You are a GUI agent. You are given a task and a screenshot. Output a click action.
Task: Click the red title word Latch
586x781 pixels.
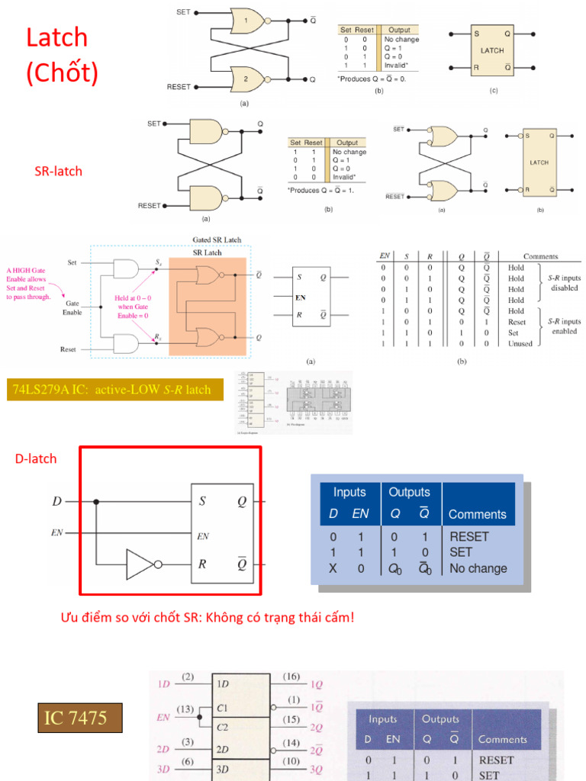click(57, 37)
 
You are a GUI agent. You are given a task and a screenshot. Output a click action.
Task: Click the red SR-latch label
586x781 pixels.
click(58, 171)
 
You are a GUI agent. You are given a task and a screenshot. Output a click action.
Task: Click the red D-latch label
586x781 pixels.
click(36, 458)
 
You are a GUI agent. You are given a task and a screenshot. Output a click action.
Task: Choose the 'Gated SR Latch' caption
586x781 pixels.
click(217, 239)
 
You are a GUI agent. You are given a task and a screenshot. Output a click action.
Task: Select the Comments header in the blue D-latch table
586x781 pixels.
click(477, 515)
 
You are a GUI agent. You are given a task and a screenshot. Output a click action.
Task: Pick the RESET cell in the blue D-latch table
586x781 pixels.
click(468, 537)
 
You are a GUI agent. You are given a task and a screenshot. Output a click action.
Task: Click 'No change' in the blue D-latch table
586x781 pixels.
click(478, 568)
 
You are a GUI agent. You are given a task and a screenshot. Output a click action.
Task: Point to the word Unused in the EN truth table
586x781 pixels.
click(521, 343)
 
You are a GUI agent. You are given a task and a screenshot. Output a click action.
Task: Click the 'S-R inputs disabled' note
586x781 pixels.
click(564, 283)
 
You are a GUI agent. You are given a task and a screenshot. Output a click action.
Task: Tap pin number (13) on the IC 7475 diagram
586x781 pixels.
click(185, 709)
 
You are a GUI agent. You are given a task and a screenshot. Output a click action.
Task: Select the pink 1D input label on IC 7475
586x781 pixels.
click(163, 684)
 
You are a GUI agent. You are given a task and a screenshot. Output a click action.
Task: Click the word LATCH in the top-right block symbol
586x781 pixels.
click(492, 50)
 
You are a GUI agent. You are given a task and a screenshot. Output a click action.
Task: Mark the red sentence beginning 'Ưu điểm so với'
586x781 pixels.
click(208, 617)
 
